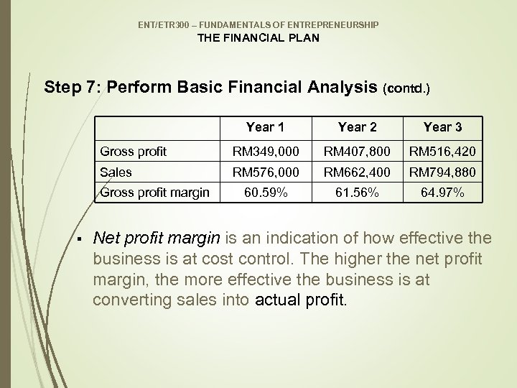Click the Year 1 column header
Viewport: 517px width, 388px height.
tap(265, 127)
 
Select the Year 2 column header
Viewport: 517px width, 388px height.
tap(357, 127)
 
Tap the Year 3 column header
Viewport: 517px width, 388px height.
tap(442, 127)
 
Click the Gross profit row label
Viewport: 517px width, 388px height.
tap(134, 152)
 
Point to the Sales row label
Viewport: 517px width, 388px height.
tap(116, 172)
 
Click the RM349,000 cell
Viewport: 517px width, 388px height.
tap(265, 152)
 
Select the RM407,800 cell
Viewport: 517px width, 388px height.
tap(357, 152)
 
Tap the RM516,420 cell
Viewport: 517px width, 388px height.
tap(443, 152)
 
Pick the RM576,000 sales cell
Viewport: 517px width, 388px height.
tap(265, 172)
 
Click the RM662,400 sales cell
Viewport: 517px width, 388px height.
tap(357, 172)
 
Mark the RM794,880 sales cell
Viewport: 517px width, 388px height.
tap(443, 172)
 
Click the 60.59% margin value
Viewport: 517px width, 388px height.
tap(265, 193)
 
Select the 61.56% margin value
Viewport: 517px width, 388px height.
tap(357, 193)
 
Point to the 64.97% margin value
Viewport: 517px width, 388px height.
tap(443, 193)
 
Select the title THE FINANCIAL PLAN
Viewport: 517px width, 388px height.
tap(258, 38)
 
